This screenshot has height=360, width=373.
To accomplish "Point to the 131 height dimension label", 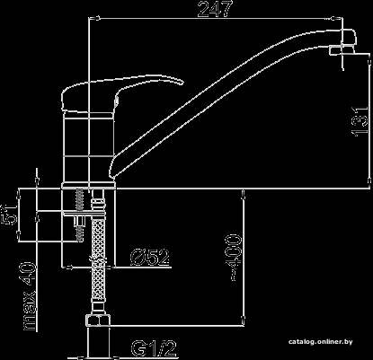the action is pyautogui.click(x=360, y=121).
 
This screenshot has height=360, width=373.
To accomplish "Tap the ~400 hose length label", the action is pyautogui.click(x=234, y=257).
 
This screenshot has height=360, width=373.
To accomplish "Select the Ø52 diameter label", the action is pyautogui.click(x=149, y=258).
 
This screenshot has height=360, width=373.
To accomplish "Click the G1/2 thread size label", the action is pyautogui.click(x=153, y=348).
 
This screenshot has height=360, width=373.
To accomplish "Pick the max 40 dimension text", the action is pyautogui.click(x=30, y=295).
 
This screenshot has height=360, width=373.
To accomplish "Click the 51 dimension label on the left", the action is pyautogui.click(x=10, y=215).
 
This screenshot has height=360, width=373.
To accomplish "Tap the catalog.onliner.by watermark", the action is pyautogui.click(x=321, y=342).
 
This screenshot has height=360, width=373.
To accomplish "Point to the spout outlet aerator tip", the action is pyautogui.click(x=342, y=50).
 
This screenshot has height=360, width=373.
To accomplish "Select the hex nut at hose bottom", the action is pyautogui.click(x=97, y=320).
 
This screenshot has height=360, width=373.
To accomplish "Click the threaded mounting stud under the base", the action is pyautogui.click(x=80, y=215).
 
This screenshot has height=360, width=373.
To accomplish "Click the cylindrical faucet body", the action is pyautogui.click(x=89, y=147).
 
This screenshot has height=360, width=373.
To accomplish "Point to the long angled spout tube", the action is pyautogui.click(x=227, y=101).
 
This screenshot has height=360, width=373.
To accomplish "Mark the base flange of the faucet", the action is pyautogui.click(x=89, y=185).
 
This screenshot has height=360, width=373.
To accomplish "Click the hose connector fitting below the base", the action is pyautogui.click(x=99, y=205).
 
